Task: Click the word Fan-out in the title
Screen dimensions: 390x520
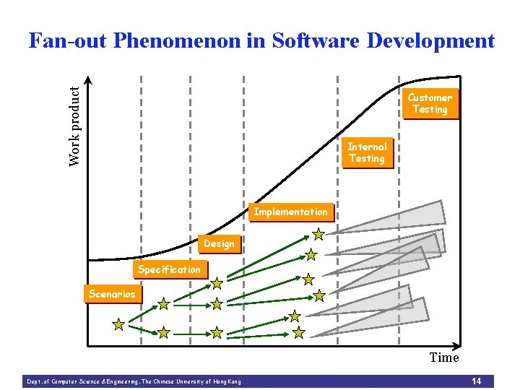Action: pos(66,41)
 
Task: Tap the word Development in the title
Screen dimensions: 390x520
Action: pos(430,41)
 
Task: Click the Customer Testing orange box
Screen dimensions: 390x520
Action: pos(430,104)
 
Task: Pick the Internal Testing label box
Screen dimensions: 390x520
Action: pos(367,153)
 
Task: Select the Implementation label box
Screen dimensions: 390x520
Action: pos(290,212)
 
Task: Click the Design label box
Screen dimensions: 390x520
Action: pos(219,244)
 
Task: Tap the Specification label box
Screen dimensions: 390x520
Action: pos(169,269)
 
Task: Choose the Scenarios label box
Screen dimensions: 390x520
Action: pos(112,294)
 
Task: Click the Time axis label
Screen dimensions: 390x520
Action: pos(443,357)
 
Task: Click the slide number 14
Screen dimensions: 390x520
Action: pos(476,381)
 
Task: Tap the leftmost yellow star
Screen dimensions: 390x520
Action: pos(118,324)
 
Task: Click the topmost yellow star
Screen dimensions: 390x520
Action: pos(318,234)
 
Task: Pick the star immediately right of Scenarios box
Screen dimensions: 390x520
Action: pos(164,303)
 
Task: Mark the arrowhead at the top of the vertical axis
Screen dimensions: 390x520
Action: pos(88,80)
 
